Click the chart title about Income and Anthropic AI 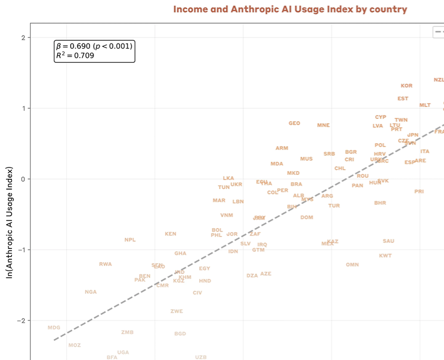(290, 10)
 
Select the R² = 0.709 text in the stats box (75, 55)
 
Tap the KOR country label (406, 86)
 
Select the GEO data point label (294, 123)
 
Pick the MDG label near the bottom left (54, 328)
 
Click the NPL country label (130, 240)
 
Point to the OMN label (352, 265)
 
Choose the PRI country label (419, 192)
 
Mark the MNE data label (323, 125)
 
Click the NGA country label (90, 292)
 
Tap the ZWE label (176, 311)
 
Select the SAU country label (388, 241)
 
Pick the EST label (403, 99)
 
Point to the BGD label (180, 334)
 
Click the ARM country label (282, 148)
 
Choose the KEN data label (170, 234)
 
